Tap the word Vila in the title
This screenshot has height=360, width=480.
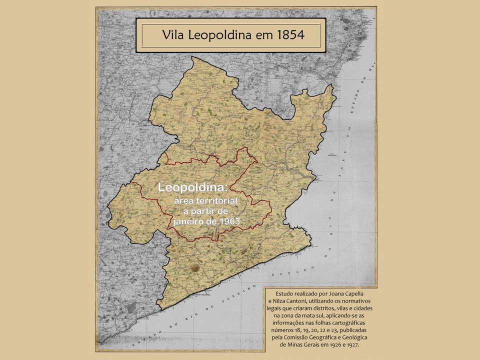pos(174,35)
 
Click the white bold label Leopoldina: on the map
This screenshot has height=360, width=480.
pos(192,187)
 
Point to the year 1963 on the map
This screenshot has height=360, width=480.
pos(233,220)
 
